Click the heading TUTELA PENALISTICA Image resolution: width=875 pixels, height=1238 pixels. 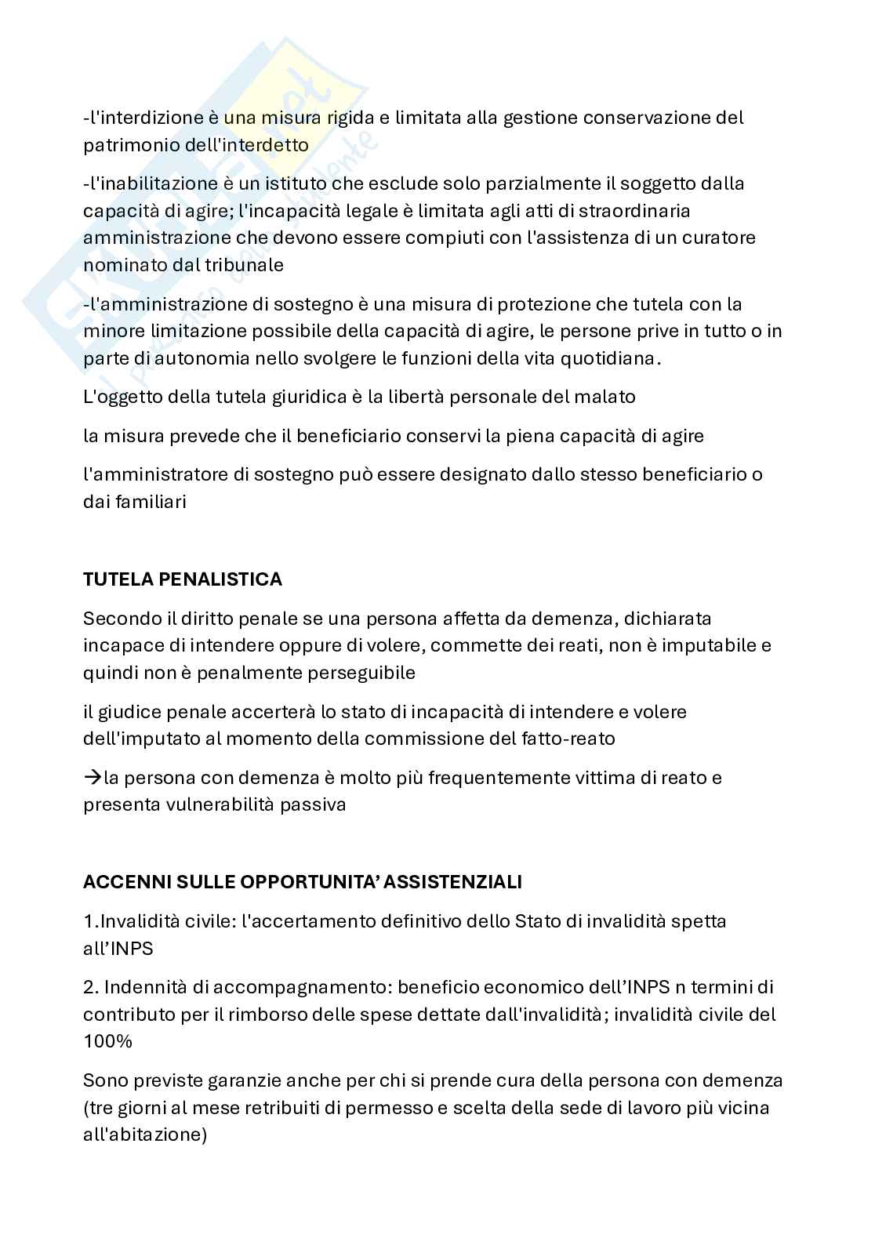[183, 579]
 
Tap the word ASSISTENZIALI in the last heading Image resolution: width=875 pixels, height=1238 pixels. [458, 882]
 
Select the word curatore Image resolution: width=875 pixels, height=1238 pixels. [718, 237]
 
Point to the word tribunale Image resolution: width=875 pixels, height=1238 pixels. [244, 264]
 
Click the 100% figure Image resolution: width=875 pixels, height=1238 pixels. [107, 1041]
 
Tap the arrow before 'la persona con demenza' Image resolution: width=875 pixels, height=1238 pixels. [93, 778]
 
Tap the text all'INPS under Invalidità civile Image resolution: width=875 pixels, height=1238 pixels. [118, 948]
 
